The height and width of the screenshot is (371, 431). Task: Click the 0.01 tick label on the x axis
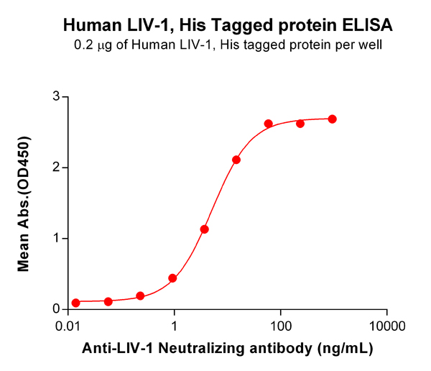pos(68,325)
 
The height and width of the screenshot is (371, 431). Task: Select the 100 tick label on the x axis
pos(281,325)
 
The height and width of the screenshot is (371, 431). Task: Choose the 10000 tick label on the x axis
pos(387,325)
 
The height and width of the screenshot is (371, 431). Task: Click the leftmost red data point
pos(75,303)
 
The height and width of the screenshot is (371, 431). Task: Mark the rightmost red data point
pos(332,119)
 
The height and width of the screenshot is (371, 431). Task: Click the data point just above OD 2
pos(236,160)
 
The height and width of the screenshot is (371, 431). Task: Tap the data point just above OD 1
pos(204,229)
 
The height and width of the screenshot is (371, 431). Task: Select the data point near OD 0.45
pos(172,278)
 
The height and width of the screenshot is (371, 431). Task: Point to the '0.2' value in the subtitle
pos(83,45)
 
